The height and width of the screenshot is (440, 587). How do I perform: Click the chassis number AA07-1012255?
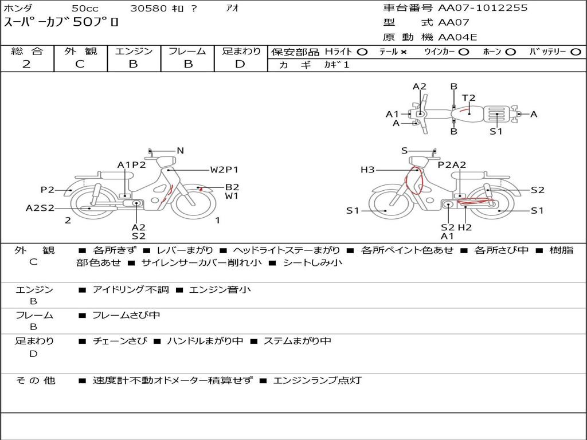tap(483, 8)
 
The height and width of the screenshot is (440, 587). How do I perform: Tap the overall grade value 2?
tap(26, 64)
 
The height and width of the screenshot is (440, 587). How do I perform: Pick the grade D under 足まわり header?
tap(240, 64)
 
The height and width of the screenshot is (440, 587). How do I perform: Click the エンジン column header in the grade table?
tap(134, 51)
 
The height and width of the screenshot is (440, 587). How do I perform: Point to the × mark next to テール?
tap(403, 52)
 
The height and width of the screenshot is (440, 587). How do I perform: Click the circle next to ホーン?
tap(510, 52)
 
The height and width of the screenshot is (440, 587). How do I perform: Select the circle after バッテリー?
tap(576, 52)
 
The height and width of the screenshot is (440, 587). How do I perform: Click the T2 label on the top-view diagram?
tap(468, 98)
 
